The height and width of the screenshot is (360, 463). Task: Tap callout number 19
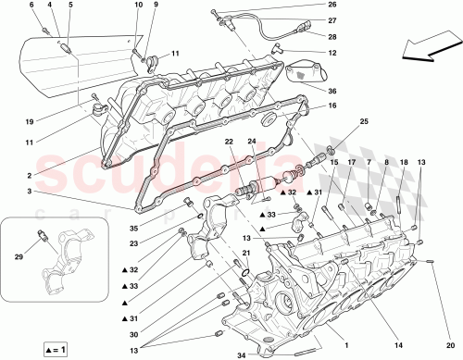[x=30, y=121]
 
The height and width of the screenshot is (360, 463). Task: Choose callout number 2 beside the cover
[x=30, y=176]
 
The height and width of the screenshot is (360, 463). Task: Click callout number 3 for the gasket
[x=30, y=191]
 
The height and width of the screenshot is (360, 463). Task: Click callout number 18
[x=403, y=162]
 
